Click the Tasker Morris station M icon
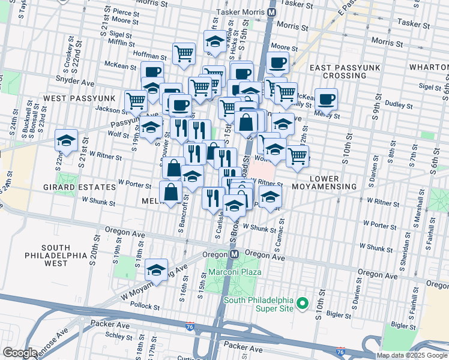tap(272, 11)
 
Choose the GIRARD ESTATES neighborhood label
tap(80, 187)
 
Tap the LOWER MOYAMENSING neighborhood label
tap(333, 182)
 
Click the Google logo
tap(20, 353)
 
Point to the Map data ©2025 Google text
tap(412, 355)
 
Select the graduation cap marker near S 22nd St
tap(65, 141)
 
